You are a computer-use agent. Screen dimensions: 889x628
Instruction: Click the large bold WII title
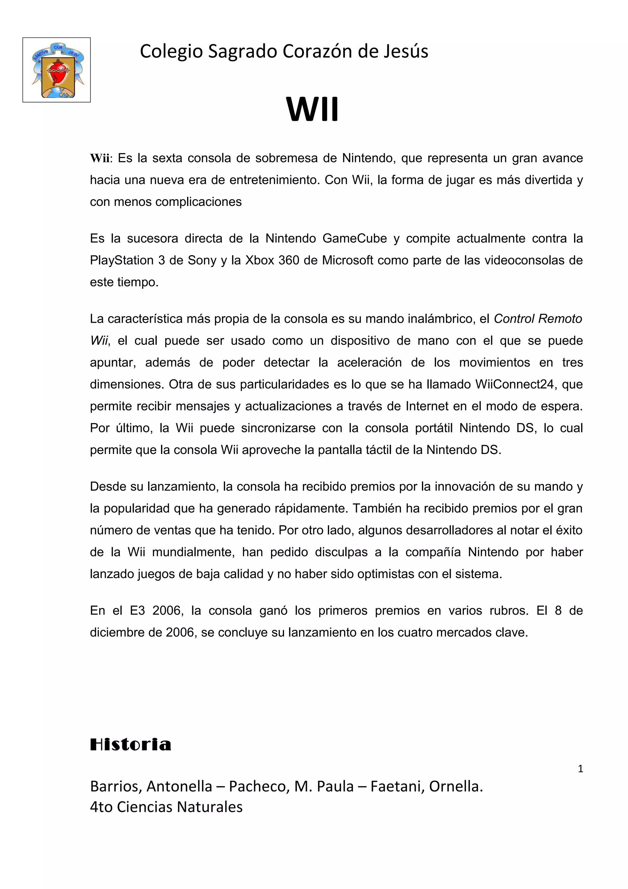312,110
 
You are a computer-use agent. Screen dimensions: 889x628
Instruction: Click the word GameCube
354,239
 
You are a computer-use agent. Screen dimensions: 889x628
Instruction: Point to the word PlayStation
121,260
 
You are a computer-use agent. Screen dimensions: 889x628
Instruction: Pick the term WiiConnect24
515,384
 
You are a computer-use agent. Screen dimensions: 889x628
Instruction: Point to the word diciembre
118,632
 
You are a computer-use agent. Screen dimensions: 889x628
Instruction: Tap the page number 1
580,768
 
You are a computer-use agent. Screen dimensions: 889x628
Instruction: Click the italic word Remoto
560,319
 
